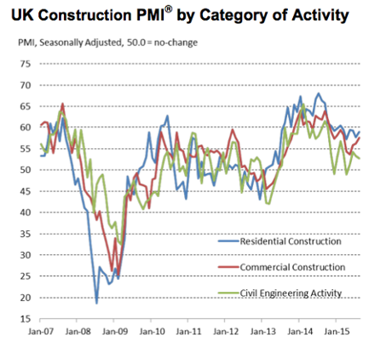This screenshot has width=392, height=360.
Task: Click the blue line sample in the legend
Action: click(x=219, y=241)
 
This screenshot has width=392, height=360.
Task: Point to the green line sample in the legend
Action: click(x=219, y=293)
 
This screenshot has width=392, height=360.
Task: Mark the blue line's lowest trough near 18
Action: click(x=96, y=303)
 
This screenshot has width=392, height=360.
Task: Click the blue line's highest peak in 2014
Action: click(x=319, y=94)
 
